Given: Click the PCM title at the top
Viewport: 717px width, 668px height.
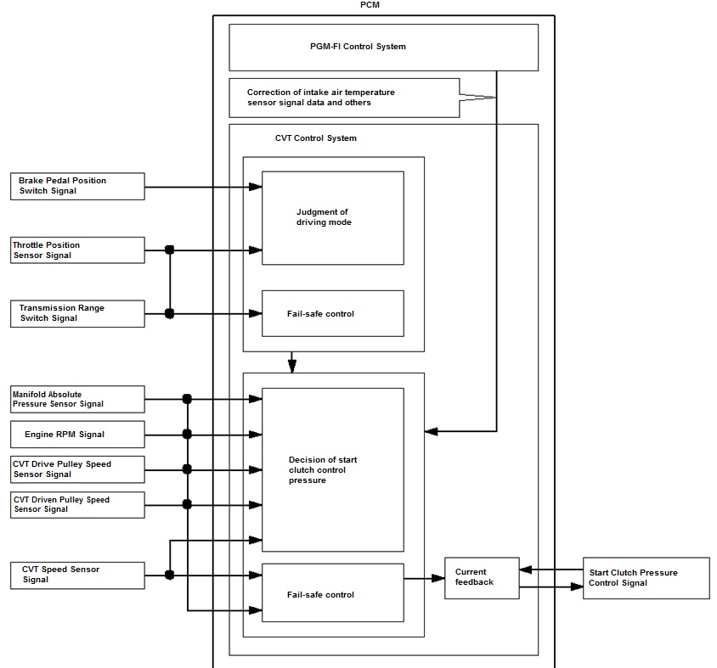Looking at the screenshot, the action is [x=370, y=5].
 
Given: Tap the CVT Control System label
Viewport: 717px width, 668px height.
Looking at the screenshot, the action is [x=315, y=138].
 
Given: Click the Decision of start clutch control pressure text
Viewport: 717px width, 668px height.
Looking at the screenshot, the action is [x=323, y=469].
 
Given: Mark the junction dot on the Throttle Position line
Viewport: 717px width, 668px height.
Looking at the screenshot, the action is [x=170, y=250].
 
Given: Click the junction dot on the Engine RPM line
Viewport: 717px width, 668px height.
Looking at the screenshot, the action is [x=187, y=434].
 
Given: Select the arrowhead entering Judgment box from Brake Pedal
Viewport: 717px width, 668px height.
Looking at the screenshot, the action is [x=255, y=187].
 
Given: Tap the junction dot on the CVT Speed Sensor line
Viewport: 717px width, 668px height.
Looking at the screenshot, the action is [x=170, y=575].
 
